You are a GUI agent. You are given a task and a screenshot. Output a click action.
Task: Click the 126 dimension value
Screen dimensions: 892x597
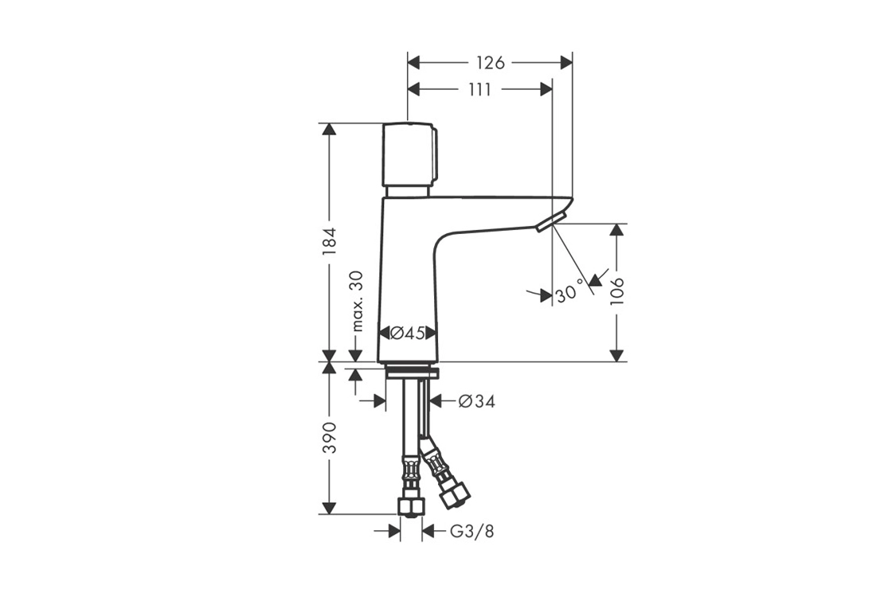[491, 62]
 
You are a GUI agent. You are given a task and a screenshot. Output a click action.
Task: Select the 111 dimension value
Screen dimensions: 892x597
[479, 90]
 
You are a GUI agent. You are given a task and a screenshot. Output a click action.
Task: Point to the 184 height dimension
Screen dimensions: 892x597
[330, 241]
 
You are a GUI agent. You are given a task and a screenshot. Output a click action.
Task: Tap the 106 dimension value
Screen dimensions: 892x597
[616, 291]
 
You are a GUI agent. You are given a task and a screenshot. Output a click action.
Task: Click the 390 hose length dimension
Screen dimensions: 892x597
[330, 437]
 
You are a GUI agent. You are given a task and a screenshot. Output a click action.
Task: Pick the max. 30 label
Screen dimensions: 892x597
[358, 301]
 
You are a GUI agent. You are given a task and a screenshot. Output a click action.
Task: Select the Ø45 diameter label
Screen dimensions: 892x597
[408, 334]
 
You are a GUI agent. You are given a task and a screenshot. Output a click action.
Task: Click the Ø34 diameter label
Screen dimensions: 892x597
[477, 401]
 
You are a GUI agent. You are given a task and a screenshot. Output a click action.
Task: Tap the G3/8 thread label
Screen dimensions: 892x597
[471, 532]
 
